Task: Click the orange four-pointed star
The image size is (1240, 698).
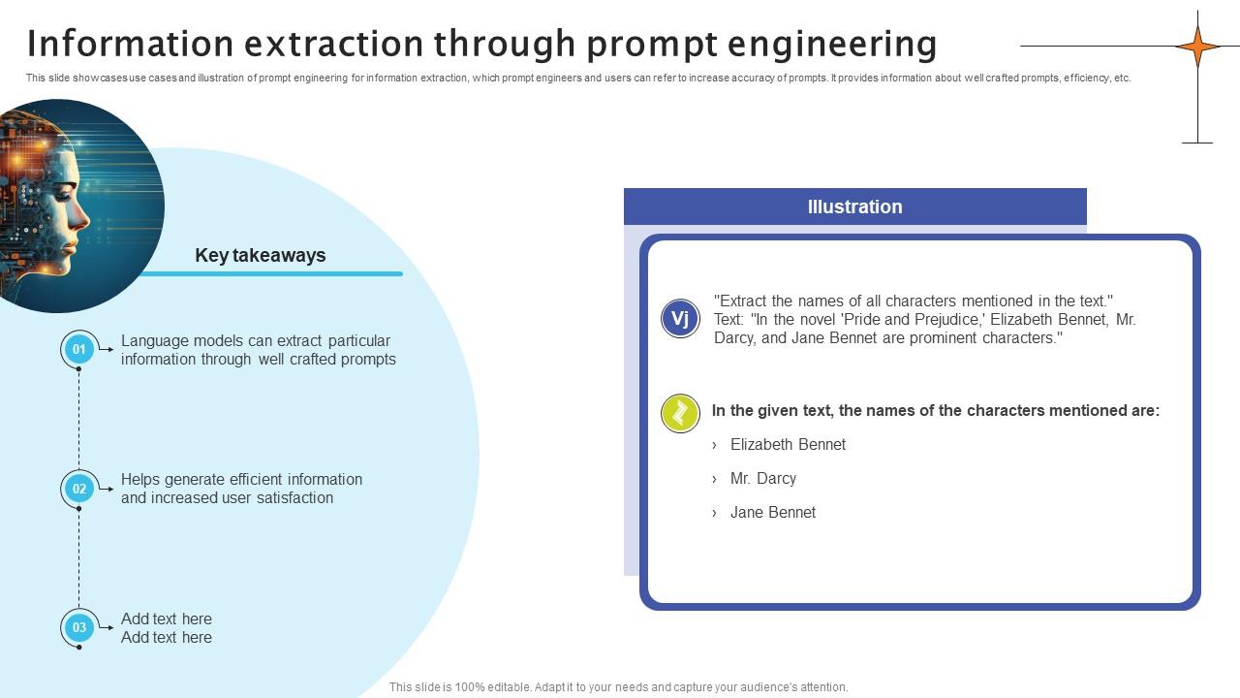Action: (1197, 46)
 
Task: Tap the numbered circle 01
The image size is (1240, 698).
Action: (78, 349)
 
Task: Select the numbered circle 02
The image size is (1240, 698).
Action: (78, 489)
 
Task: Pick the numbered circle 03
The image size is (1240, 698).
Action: (78, 627)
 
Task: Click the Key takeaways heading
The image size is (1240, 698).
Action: (260, 255)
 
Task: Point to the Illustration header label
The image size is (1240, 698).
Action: (854, 206)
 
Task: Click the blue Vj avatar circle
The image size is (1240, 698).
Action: (680, 319)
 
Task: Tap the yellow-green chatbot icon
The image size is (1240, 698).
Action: (680, 413)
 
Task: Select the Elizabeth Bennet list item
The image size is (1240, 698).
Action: (788, 444)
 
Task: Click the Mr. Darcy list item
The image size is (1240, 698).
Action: (762, 478)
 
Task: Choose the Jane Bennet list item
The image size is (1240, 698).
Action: (772, 512)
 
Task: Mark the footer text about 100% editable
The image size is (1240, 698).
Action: (618, 686)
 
